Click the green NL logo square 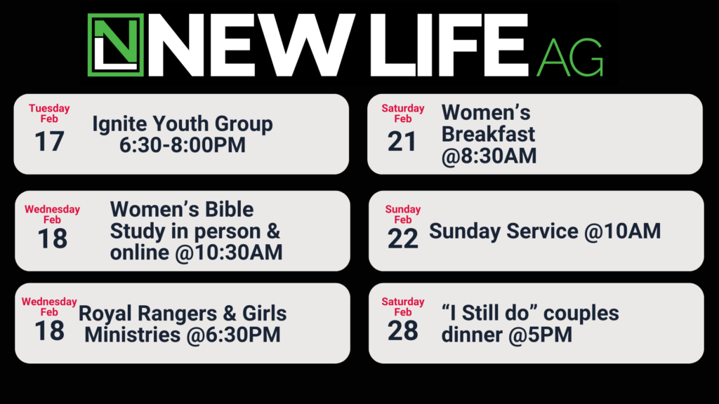pyautogui.click(x=116, y=45)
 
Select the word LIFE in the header pyautogui.click(x=449, y=45)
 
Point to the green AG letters pyautogui.click(x=570, y=58)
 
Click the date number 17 pyautogui.click(x=49, y=141)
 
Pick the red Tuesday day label pyautogui.click(x=49, y=108)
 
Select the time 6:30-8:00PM pyautogui.click(x=183, y=144)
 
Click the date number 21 pyautogui.click(x=402, y=141)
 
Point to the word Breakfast pyautogui.click(x=488, y=134)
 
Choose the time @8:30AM pyautogui.click(x=489, y=156)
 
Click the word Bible pyautogui.click(x=230, y=209)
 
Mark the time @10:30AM pyautogui.click(x=229, y=252)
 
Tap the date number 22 pyautogui.click(x=402, y=238)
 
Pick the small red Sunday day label pyautogui.click(x=402, y=209)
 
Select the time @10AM pyautogui.click(x=622, y=231)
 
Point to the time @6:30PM pyautogui.click(x=233, y=335)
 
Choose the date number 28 pyautogui.click(x=402, y=331)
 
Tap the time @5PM pyautogui.click(x=540, y=335)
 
